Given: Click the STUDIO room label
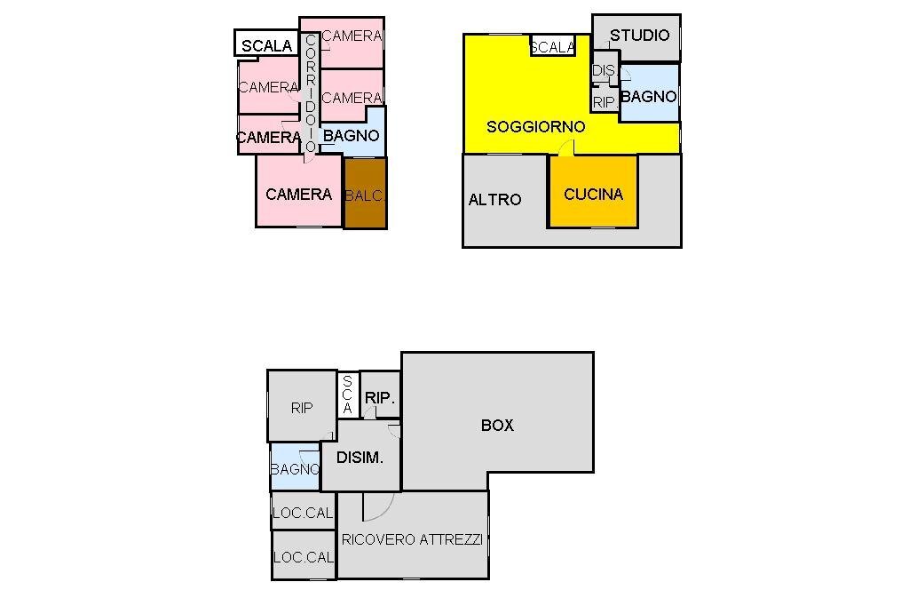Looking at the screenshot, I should (639, 36).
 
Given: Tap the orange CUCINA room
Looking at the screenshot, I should (593, 194).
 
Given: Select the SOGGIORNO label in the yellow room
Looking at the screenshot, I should (535, 127).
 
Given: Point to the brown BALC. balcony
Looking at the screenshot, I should (365, 195).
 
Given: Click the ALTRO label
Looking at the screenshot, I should (494, 200).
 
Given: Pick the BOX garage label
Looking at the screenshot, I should (497, 425).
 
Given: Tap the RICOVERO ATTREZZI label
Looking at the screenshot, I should (412, 539).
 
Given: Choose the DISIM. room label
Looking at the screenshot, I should (360, 458).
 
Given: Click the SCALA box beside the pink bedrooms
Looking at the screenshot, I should (266, 45).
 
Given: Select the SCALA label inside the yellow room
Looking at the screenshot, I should (551, 47).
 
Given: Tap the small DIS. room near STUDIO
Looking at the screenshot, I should (603, 70).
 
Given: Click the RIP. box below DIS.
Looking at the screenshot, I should (605, 102).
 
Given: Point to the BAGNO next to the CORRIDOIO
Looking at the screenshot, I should (352, 136).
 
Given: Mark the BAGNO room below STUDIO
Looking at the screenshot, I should (649, 96).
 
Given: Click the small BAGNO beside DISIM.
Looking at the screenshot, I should (295, 469).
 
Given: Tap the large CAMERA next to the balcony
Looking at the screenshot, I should (298, 194).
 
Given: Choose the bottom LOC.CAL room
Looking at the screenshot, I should (303, 557).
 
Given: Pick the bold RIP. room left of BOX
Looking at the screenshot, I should (380, 398).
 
